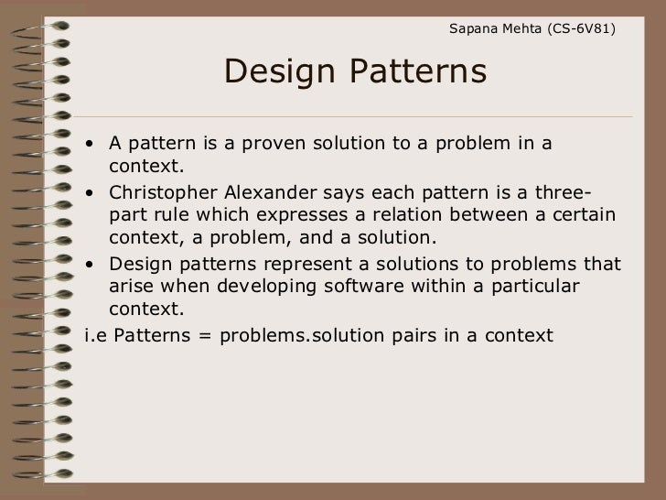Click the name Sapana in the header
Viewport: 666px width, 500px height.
(x=474, y=30)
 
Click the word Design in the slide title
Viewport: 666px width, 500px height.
(x=277, y=71)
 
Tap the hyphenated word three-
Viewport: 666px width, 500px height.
(x=559, y=192)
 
